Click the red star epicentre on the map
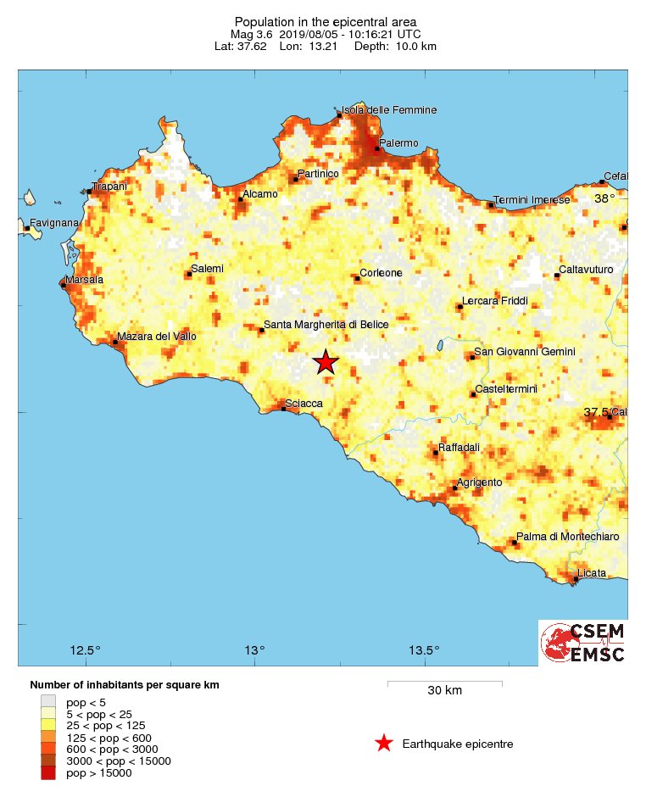[326, 362]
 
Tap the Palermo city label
[398, 143]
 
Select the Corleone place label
[381, 273]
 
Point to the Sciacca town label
[304, 403]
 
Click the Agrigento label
[480, 482]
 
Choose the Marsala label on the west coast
[86, 280]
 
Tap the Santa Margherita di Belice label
[326, 325]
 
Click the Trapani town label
[109, 186]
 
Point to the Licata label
[591, 573]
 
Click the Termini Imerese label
[532, 199]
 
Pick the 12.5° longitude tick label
[86, 650]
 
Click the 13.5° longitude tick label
[424, 650]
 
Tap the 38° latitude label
[604, 198]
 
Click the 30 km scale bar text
[444, 690]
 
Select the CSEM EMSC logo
[583, 643]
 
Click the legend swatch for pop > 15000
[48, 772]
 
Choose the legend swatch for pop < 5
[48, 702]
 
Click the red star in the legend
[383, 744]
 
